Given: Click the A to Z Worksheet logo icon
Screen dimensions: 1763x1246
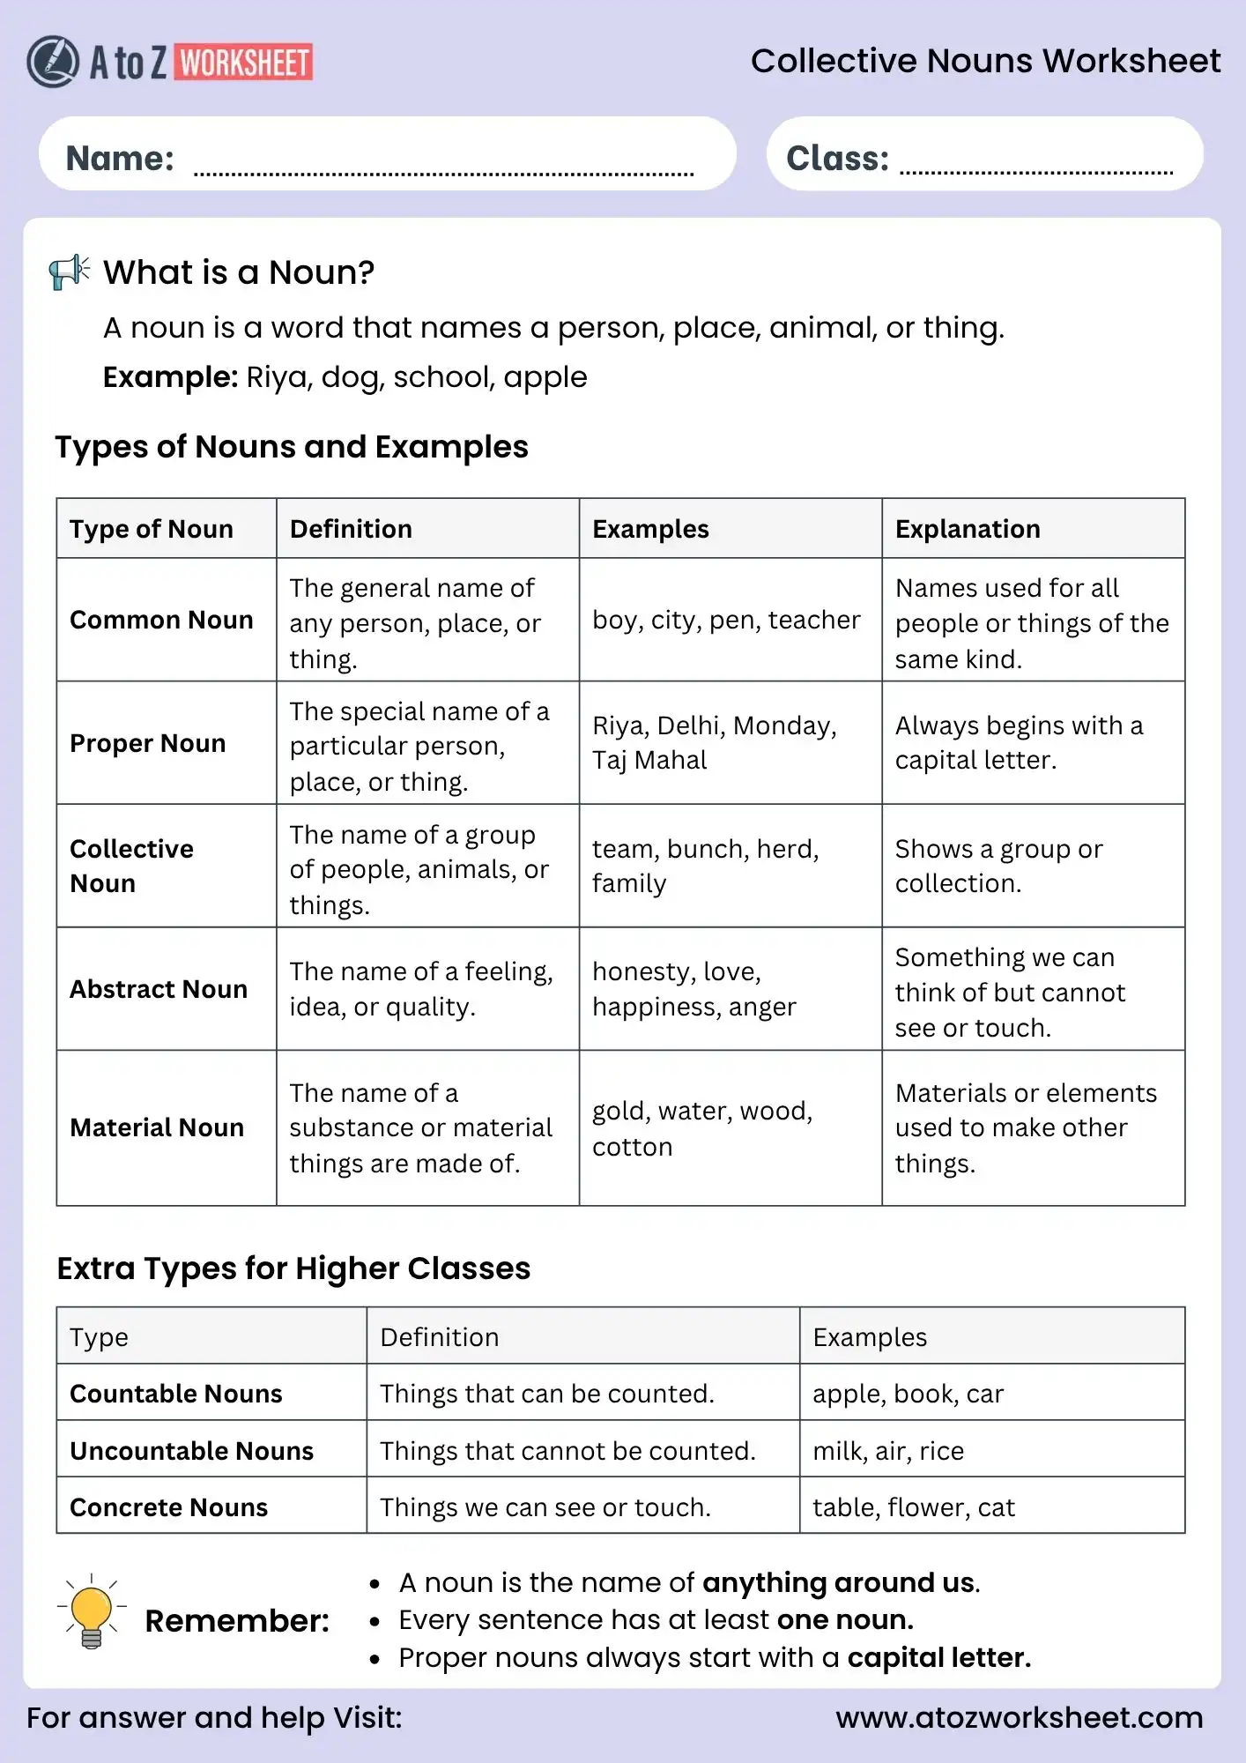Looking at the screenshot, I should [x=53, y=62].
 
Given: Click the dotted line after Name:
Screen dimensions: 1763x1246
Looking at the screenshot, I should [x=443, y=173].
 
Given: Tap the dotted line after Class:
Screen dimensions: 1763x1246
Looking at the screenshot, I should [x=1035, y=171].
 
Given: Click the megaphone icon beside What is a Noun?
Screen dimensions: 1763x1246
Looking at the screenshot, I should [x=70, y=272].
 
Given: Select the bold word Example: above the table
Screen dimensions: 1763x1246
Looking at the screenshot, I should [x=170, y=377].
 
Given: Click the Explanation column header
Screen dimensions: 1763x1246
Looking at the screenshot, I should [x=967, y=529].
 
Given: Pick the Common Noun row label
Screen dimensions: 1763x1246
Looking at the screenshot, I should [x=161, y=620].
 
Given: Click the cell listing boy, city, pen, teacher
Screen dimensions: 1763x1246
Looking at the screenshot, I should [x=725, y=620].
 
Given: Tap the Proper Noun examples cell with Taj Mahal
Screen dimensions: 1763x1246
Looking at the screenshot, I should [x=714, y=742].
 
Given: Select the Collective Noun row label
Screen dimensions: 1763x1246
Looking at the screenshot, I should [x=131, y=866].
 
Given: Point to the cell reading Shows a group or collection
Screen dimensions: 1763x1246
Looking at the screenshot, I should [x=998, y=866].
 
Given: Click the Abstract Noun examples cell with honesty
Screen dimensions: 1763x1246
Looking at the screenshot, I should [x=693, y=988].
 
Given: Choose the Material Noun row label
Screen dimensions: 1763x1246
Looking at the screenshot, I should [x=157, y=1127].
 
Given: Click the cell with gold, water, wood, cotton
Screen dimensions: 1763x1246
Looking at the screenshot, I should [x=701, y=1127].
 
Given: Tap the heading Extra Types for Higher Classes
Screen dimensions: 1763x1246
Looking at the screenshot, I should [x=293, y=1268].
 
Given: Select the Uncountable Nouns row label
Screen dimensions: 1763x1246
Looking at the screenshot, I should [x=191, y=1451].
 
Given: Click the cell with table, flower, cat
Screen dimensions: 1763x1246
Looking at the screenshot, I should [x=913, y=1507].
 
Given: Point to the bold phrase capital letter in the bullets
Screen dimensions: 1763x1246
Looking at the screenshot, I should [x=938, y=1658].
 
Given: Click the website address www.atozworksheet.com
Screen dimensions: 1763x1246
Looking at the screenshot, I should [x=1019, y=1717].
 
